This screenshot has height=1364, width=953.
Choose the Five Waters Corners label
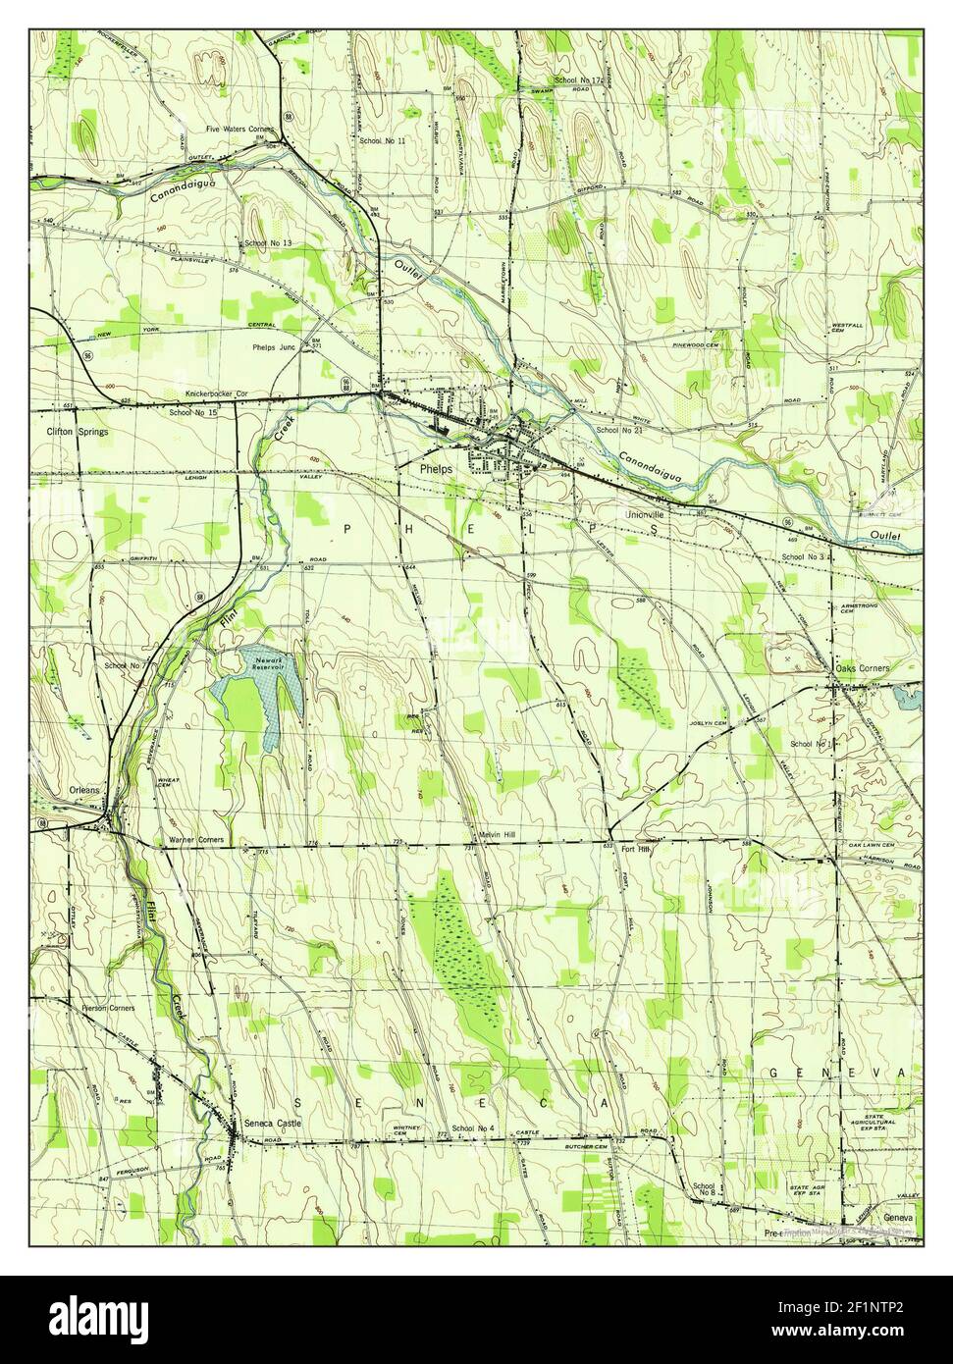click(x=239, y=130)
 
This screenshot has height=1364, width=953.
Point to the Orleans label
click(x=85, y=789)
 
